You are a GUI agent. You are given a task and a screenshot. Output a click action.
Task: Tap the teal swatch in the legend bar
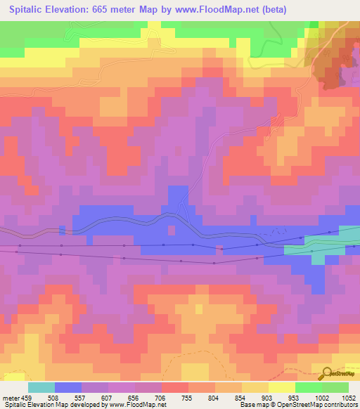pyautogui.click(x=41, y=387)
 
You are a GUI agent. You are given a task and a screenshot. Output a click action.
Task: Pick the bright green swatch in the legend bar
pyautogui.click(x=309, y=387)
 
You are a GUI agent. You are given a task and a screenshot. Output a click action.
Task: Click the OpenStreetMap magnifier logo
pyautogui.click(x=327, y=374)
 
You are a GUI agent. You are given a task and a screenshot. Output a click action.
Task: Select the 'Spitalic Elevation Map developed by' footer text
pyautogui.click(x=42, y=405)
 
